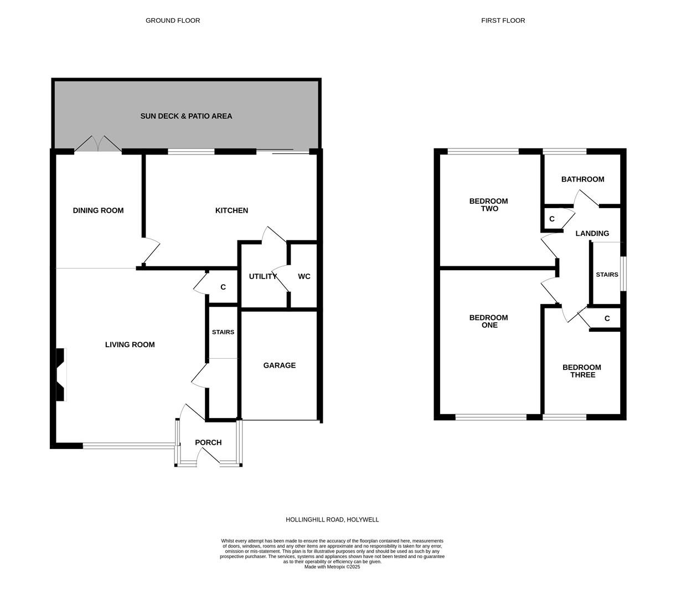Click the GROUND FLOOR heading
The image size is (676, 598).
click(173, 20)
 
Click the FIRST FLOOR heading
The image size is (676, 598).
click(503, 20)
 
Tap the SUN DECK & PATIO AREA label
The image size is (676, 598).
click(186, 116)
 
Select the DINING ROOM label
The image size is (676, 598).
click(98, 210)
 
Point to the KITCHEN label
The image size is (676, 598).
click(231, 210)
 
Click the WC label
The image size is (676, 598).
click(304, 276)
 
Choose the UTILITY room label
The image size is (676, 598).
click(262, 276)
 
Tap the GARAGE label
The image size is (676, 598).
click(279, 365)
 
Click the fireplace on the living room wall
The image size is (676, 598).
click(61, 374)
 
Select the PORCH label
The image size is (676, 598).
click(208, 442)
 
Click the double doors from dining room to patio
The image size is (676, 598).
click(98, 145)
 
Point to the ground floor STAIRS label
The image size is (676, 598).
click(223, 332)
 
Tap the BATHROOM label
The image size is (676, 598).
click(582, 179)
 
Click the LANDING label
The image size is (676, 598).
click(592, 234)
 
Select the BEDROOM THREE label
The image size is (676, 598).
click(581, 371)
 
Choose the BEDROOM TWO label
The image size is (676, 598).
click(488, 205)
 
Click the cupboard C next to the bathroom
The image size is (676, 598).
click(552, 219)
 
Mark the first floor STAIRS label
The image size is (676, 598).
click(606, 275)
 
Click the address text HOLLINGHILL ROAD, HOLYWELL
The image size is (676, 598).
click(332, 520)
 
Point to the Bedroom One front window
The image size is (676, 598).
click(491, 417)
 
